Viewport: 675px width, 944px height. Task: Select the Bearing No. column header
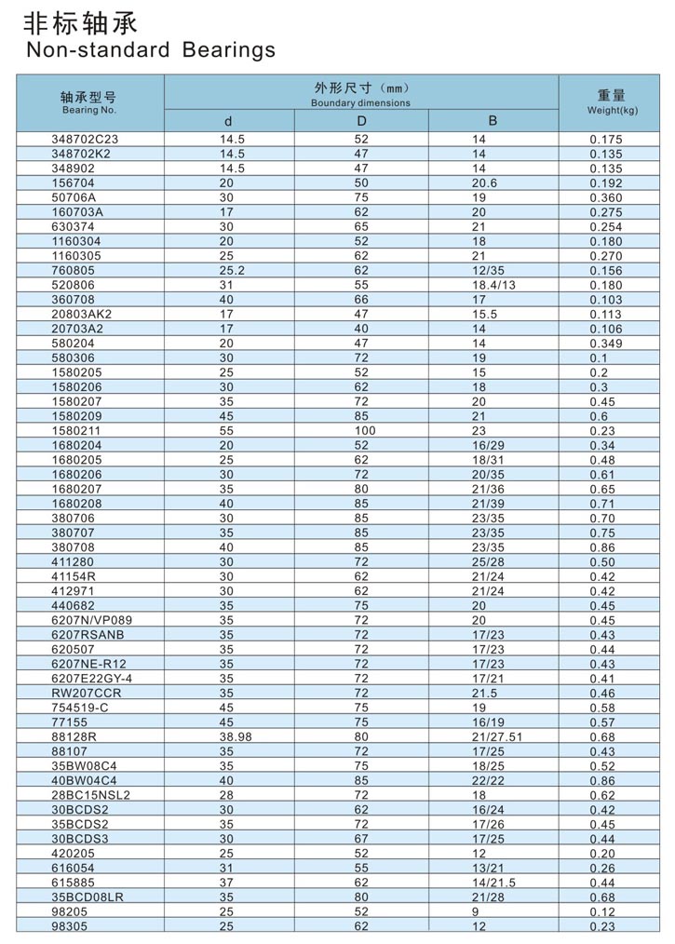click(89, 102)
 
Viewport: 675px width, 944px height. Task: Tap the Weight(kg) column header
click(612, 102)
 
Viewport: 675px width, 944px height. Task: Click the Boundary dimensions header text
click(361, 103)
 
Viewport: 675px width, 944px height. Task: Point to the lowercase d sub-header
click(229, 121)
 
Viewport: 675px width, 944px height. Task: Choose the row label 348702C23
click(86, 139)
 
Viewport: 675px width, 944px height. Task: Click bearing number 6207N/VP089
click(91, 620)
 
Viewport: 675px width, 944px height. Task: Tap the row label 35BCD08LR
click(88, 897)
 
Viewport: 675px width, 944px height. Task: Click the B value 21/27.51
click(497, 736)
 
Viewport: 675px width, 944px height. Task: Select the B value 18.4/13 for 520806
click(493, 285)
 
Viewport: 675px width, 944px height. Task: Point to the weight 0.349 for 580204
click(606, 344)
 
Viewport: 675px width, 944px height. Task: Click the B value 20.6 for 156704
click(485, 182)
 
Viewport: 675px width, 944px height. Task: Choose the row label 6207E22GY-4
click(92, 679)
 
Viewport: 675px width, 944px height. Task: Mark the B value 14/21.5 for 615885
click(493, 883)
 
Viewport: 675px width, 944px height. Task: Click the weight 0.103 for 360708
click(606, 300)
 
